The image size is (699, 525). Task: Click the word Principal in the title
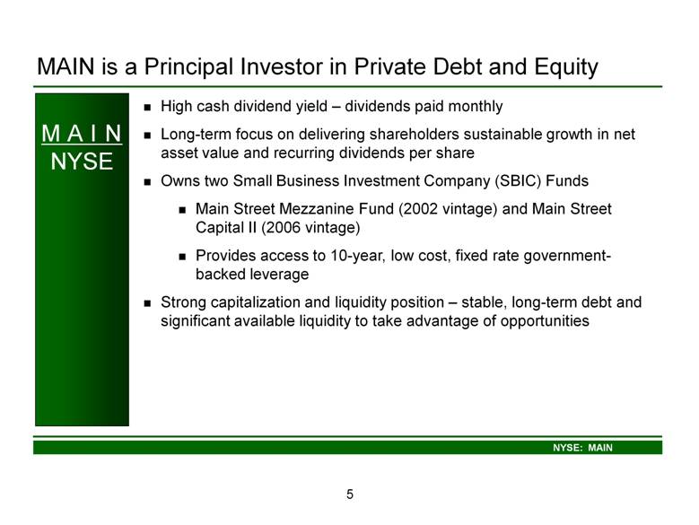(x=189, y=67)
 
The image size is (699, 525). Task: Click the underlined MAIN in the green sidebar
(x=82, y=134)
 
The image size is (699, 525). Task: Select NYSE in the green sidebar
(x=82, y=162)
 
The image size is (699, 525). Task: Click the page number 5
(x=350, y=494)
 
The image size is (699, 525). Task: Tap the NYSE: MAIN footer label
(x=582, y=448)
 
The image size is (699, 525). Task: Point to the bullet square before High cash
(x=147, y=108)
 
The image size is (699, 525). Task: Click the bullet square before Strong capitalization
(x=147, y=303)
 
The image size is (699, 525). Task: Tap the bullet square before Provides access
(x=182, y=257)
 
